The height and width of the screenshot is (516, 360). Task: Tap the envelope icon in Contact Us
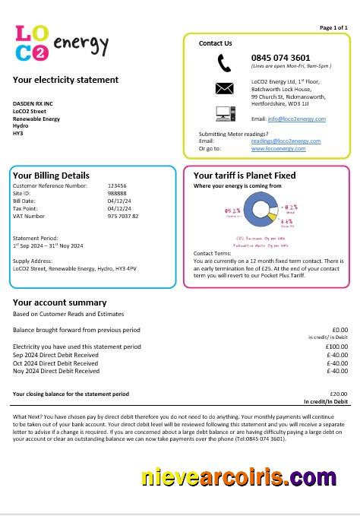click(224, 88)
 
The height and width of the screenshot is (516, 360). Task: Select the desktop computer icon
click(225, 114)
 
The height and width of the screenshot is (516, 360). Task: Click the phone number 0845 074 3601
click(280, 58)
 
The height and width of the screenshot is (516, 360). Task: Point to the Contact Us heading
click(215, 43)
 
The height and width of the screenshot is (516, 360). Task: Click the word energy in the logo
click(81, 43)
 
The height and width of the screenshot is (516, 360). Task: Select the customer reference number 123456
click(117, 185)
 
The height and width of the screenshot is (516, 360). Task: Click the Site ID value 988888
click(116, 193)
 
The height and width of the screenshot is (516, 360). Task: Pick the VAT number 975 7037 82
click(123, 217)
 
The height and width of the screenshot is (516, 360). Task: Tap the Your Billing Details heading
click(51, 176)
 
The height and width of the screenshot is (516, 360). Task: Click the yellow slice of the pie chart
click(275, 218)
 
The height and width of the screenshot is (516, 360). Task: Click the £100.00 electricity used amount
click(336, 347)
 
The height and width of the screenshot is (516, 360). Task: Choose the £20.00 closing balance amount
click(338, 394)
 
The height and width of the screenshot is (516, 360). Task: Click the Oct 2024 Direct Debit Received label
click(56, 363)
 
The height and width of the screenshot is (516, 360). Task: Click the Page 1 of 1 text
click(333, 27)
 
